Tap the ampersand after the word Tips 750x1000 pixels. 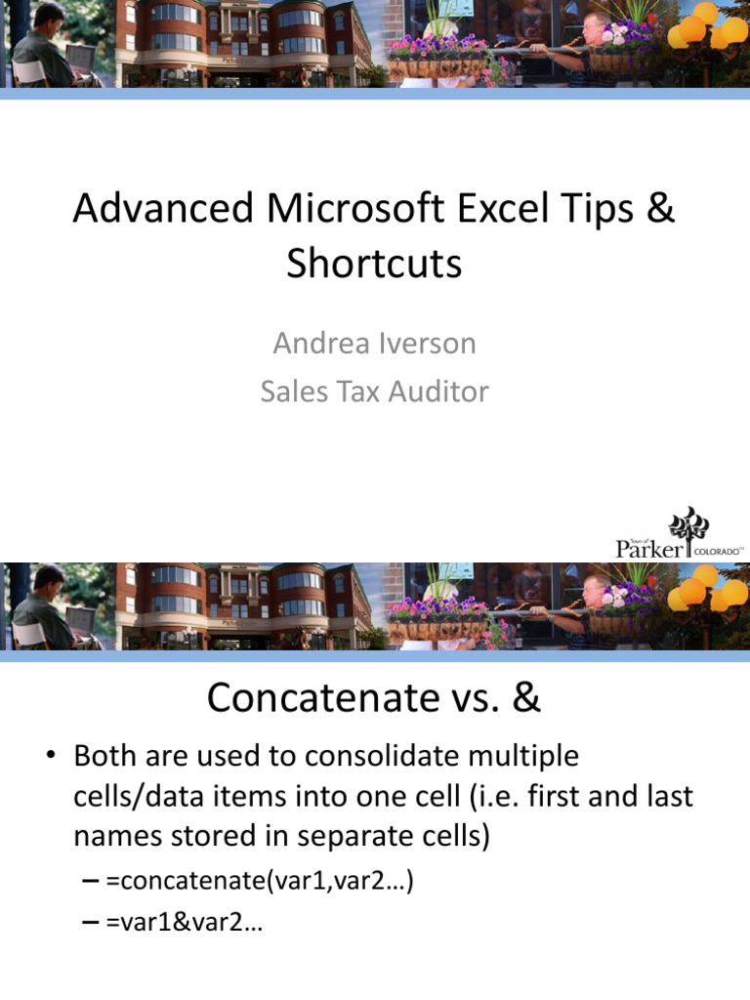click(x=659, y=210)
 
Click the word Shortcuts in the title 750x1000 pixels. click(x=374, y=264)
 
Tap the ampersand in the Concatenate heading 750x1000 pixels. click(x=525, y=697)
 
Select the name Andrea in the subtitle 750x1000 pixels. click(x=311, y=344)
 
